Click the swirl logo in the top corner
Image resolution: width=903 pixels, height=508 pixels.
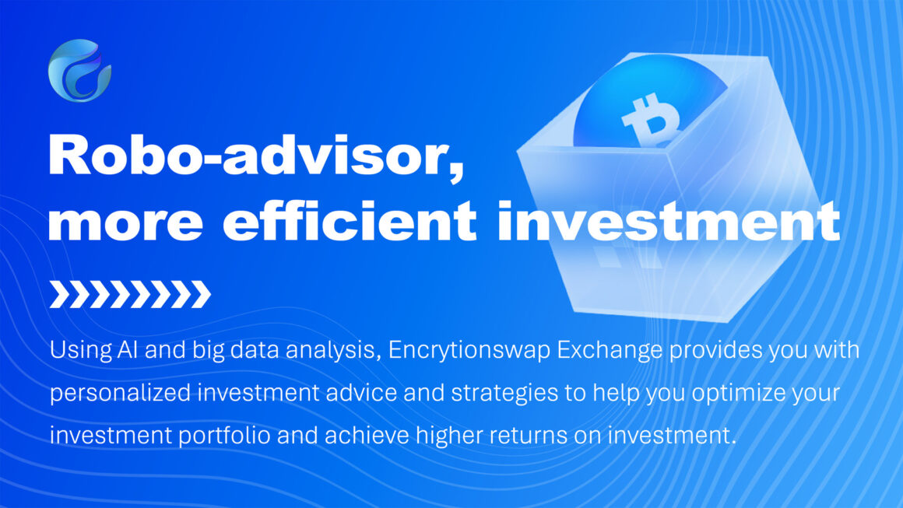[79, 70]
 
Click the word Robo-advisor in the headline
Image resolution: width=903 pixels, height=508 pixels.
[256, 156]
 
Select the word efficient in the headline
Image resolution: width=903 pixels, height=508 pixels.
[350, 220]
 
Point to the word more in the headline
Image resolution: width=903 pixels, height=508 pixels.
[125, 224]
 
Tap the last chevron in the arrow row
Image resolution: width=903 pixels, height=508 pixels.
[200, 294]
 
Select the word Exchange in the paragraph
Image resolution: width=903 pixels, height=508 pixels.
[609, 350]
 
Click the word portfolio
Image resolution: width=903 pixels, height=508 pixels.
[224, 436]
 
